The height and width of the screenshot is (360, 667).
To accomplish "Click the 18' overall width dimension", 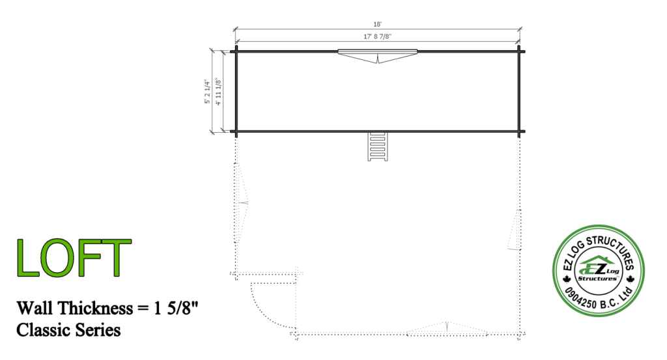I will tap(377, 23).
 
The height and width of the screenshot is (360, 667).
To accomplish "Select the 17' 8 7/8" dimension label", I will tap(377, 37).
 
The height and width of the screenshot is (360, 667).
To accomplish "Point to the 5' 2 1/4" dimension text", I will tap(208, 92).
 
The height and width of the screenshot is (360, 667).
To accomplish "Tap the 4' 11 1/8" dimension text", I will tap(219, 92).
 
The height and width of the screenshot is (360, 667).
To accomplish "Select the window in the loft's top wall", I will tap(378, 52).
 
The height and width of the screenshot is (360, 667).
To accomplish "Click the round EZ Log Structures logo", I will tap(598, 271).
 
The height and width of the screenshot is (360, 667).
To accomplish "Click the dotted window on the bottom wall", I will tap(447, 330).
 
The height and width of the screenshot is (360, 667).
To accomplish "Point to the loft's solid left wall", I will tap(236, 91).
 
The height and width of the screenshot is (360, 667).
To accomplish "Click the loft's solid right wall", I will tap(519, 91).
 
